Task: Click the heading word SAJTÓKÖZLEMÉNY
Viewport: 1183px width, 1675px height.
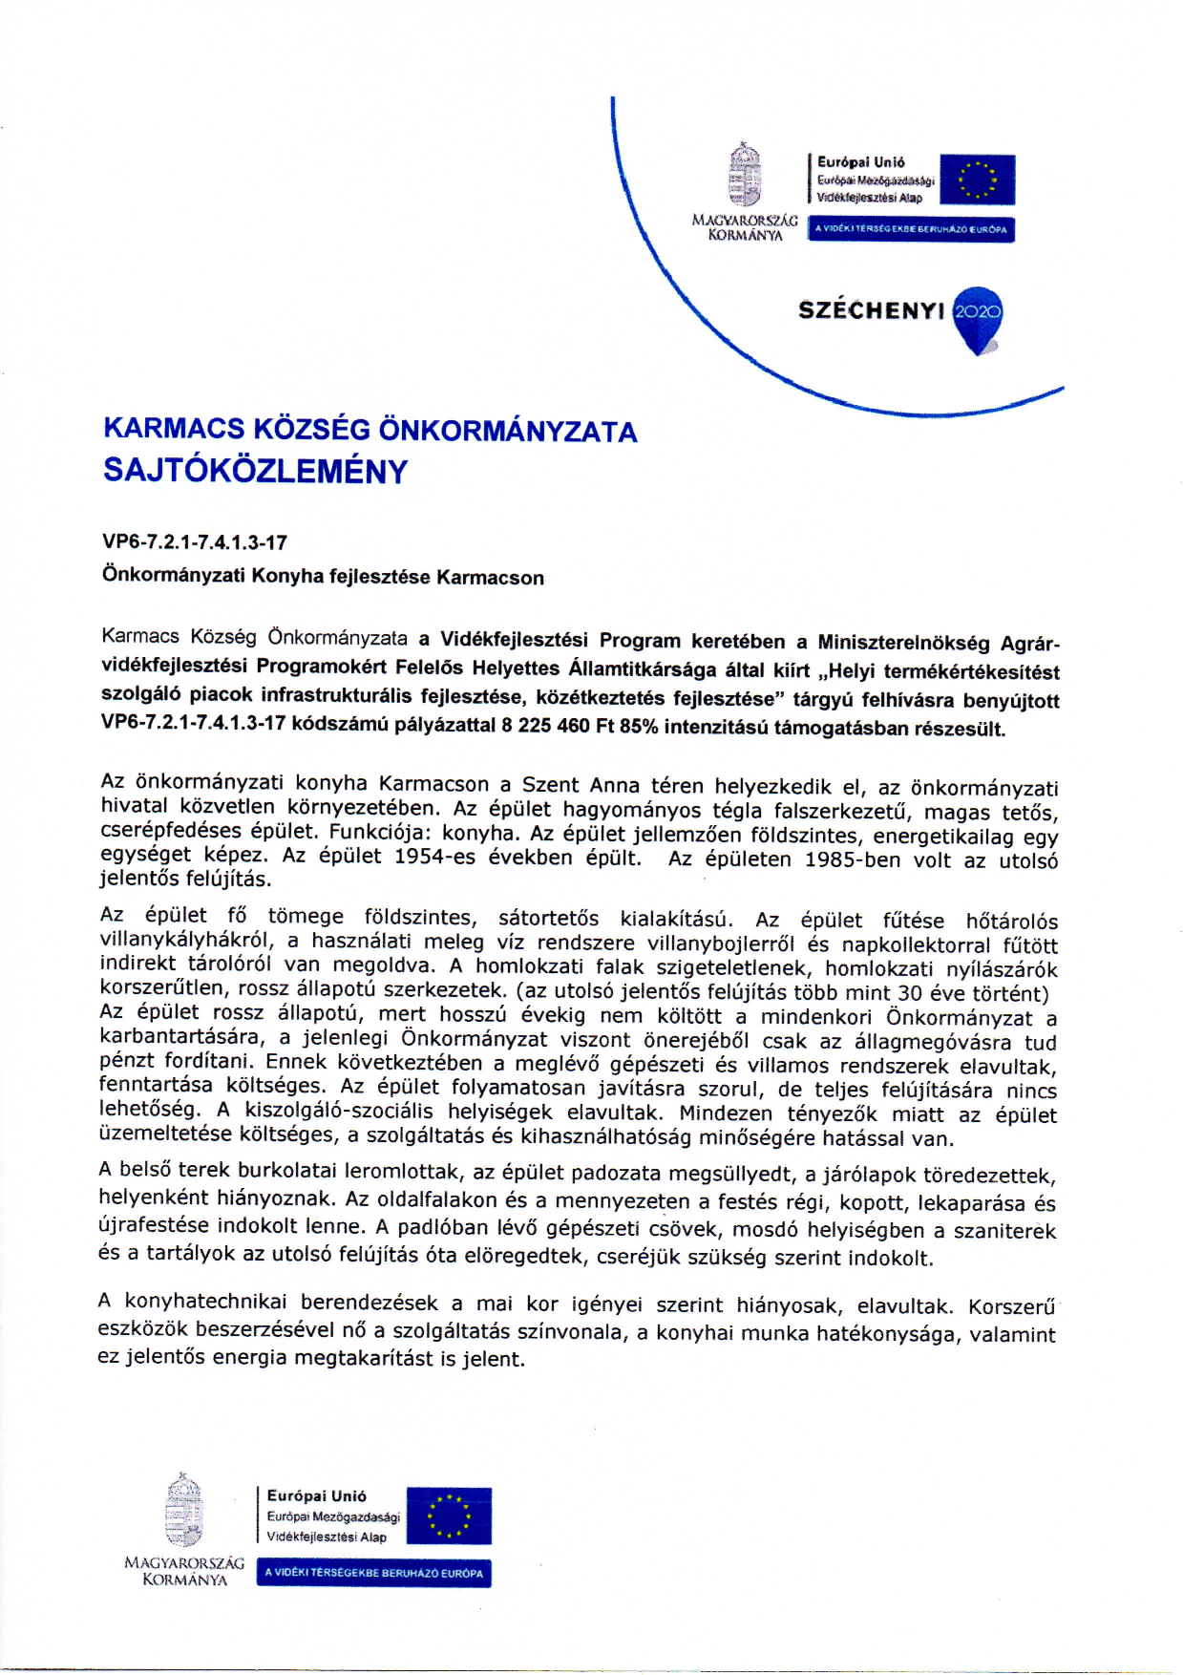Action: (x=255, y=471)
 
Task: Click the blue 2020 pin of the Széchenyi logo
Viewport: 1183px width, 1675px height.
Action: (x=978, y=316)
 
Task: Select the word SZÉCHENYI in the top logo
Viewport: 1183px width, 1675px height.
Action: (x=871, y=310)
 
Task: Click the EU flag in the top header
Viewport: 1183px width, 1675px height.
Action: (x=977, y=180)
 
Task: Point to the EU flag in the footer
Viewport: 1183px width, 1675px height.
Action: (x=448, y=1516)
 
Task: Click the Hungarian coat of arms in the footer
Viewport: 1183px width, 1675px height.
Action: (x=184, y=1511)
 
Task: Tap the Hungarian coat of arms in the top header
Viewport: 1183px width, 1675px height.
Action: (x=744, y=176)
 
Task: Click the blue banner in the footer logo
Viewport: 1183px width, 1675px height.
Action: (x=373, y=1573)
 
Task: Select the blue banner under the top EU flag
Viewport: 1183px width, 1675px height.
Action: (x=910, y=229)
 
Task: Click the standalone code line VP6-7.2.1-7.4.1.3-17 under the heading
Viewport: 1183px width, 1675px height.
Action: (x=195, y=542)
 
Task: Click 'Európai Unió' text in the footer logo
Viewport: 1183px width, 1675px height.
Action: (x=316, y=1495)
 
